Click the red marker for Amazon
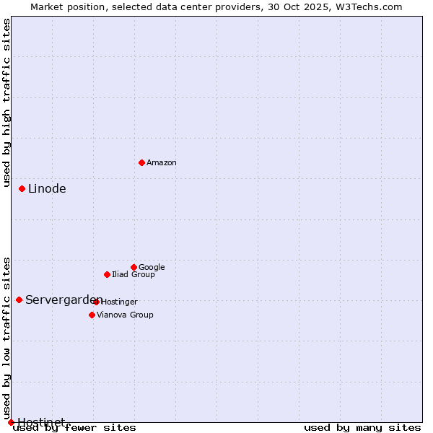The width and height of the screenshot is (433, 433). pos(141,162)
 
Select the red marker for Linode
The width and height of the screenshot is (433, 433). pos(22,188)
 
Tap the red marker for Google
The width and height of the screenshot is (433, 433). pos(134,267)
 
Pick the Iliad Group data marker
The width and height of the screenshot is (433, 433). pos(107,274)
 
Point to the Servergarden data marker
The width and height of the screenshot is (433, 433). pos(19,299)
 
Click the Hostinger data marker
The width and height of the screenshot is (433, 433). pos(96,302)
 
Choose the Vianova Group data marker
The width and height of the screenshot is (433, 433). pos(92,315)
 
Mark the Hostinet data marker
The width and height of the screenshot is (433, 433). pos(11,422)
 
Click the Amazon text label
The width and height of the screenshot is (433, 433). pos(162,163)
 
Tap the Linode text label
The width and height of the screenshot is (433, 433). pos(47,189)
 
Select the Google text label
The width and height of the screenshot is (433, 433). pos(152,268)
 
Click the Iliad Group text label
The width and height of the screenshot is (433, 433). pos(134,275)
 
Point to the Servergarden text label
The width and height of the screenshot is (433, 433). pos(62,300)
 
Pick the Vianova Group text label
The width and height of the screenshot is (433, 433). pos(125,315)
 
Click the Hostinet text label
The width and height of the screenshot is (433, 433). pos(41,422)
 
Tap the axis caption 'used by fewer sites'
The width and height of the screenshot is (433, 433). pos(74,428)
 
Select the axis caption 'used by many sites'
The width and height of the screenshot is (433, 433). pos(362,428)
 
